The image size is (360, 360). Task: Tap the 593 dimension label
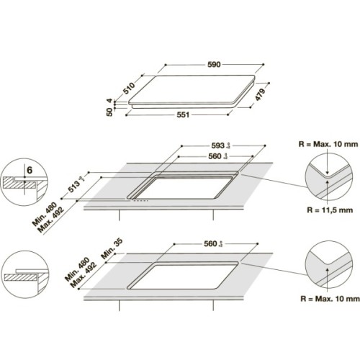(217, 143)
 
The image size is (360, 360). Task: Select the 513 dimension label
(92, 181)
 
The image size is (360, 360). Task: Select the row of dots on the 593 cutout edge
(143, 199)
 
